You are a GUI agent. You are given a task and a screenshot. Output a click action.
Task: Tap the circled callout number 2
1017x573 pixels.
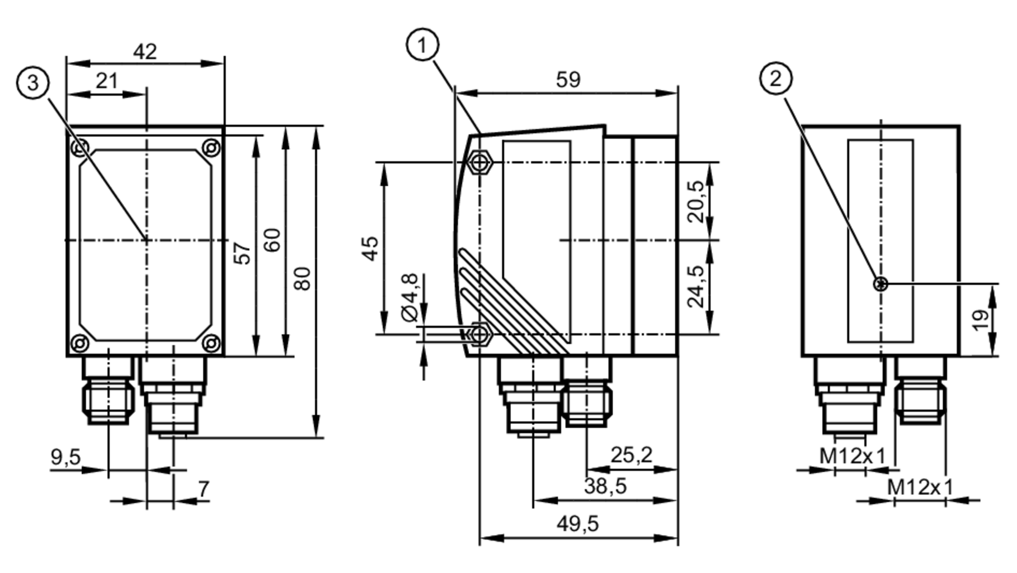(x=775, y=79)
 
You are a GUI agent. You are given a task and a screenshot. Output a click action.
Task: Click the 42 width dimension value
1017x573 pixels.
(x=145, y=52)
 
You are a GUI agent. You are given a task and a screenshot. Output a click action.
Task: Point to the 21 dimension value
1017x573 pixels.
(x=107, y=81)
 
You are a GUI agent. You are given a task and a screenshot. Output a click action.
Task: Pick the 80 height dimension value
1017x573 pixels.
(x=303, y=279)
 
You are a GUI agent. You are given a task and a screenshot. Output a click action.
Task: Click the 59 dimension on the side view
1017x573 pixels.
(x=568, y=80)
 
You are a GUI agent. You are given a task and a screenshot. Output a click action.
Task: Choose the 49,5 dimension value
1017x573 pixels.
(x=578, y=523)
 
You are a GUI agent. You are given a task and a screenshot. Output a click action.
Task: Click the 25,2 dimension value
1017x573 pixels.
(x=631, y=455)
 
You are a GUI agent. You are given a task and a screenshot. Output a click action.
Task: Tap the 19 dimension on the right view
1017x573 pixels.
(x=981, y=320)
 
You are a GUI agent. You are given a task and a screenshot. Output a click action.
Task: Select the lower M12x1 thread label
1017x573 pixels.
(x=920, y=487)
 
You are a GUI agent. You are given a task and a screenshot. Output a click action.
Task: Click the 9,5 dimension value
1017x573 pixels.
(x=66, y=457)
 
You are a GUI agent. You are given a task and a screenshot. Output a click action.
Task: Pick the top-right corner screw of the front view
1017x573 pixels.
(x=211, y=148)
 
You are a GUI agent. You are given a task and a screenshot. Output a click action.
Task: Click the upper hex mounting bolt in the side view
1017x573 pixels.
(x=480, y=162)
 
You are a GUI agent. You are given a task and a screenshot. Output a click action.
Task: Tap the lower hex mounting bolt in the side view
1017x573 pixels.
(x=480, y=335)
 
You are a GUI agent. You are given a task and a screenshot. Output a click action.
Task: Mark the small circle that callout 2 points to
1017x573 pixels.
(x=881, y=284)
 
